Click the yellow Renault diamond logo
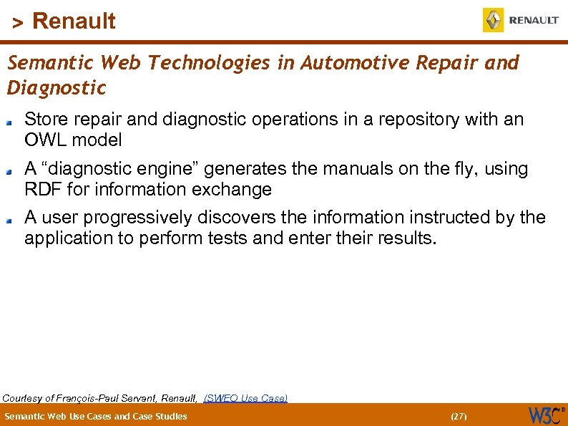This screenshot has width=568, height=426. coord(494,20)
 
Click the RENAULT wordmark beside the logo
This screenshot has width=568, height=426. coord(534,21)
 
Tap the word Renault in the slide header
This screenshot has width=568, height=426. coord(74,21)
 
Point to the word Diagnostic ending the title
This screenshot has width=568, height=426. coord(57,88)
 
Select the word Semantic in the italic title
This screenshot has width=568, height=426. coord(51,63)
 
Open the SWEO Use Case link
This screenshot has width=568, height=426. coord(245,398)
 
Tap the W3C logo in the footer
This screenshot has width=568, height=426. coord(546,415)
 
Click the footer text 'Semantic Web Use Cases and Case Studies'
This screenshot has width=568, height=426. coord(96,416)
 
